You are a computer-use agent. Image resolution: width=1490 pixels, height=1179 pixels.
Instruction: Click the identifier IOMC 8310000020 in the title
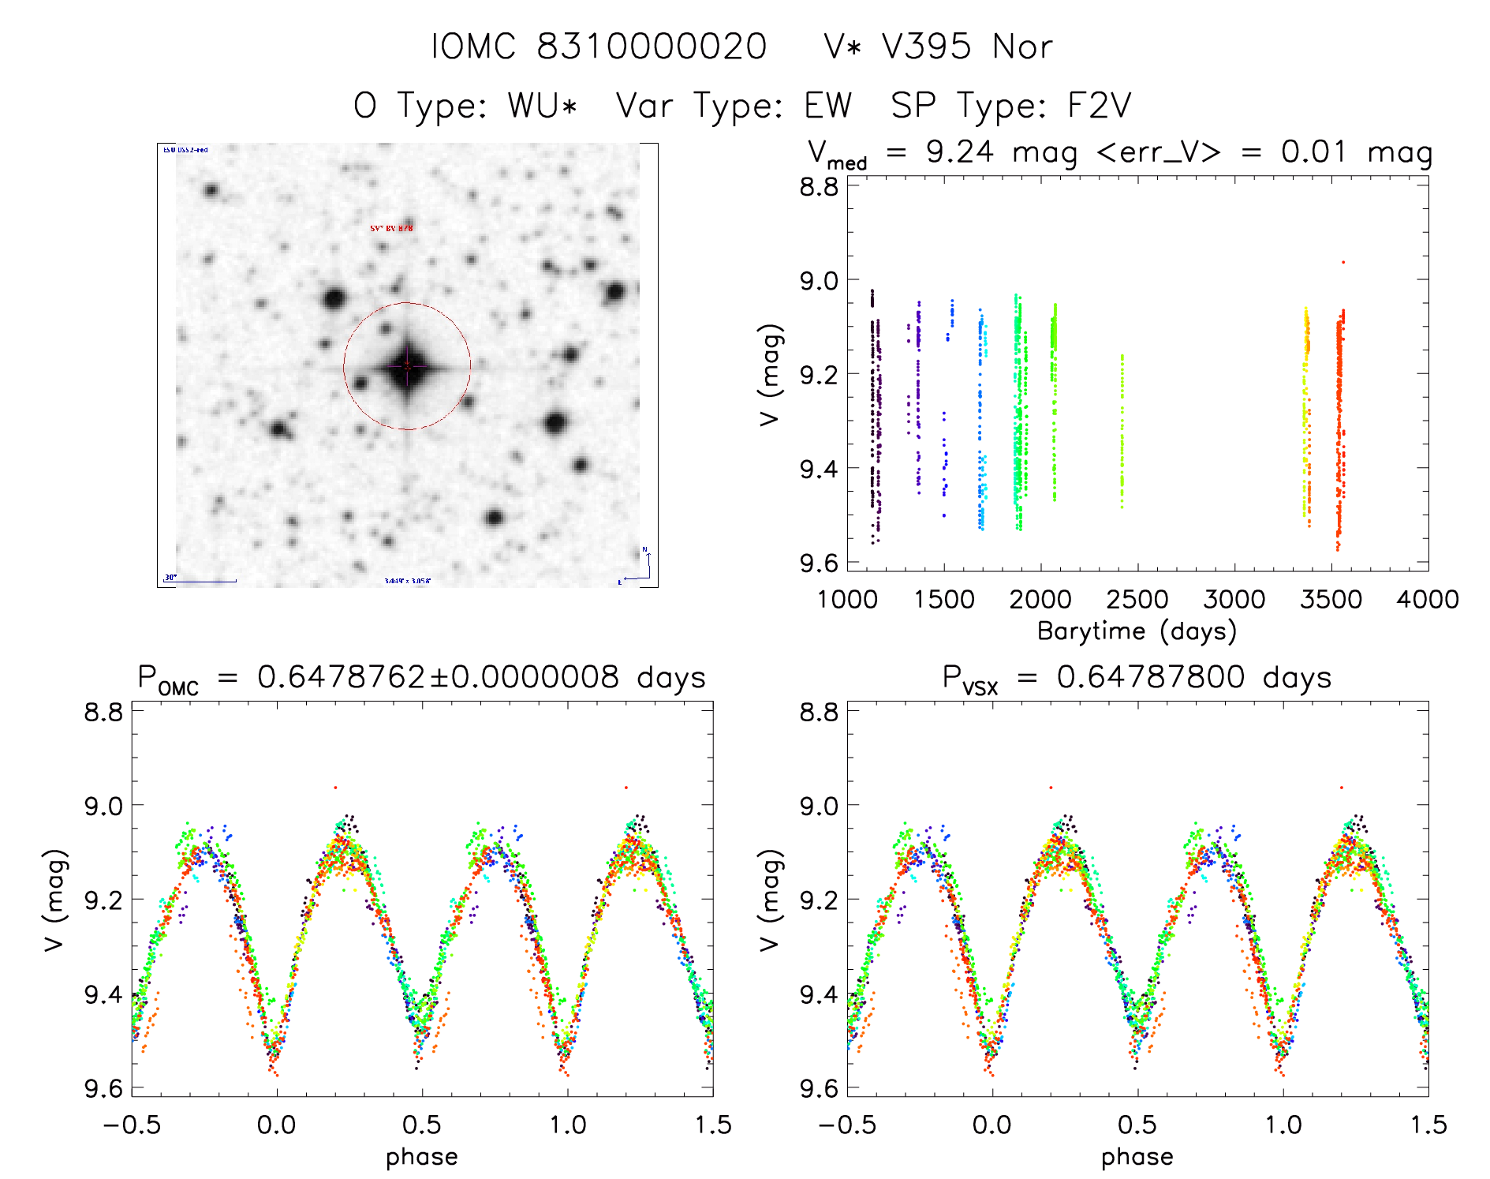pyautogui.click(x=599, y=47)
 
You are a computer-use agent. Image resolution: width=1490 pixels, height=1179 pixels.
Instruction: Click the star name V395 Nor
pyautogui.click(x=966, y=47)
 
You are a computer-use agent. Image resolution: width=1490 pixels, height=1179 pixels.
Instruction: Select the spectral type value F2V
pyautogui.click(x=1099, y=105)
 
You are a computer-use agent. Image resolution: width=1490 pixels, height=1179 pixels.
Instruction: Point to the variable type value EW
pyautogui.click(x=827, y=105)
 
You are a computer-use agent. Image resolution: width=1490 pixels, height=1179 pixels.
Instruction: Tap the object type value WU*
pyautogui.click(x=543, y=105)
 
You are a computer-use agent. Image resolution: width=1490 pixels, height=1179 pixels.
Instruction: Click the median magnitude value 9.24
pyautogui.click(x=959, y=152)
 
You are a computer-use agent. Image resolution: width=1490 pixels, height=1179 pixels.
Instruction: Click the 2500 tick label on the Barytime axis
pyautogui.click(x=1137, y=599)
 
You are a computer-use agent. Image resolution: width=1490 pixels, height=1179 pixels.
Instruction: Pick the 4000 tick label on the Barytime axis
pyautogui.click(x=1428, y=599)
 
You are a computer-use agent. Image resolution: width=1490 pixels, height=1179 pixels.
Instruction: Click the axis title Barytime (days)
pyautogui.click(x=1137, y=631)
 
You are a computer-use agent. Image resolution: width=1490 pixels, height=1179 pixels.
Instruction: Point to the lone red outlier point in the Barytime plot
pyautogui.click(x=1343, y=262)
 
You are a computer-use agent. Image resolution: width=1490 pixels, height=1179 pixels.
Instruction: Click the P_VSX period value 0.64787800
pyautogui.click(x=1150, y=677)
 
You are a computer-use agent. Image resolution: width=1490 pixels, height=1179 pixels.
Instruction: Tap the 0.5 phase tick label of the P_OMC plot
pyautogui.click(x=422, y=1125)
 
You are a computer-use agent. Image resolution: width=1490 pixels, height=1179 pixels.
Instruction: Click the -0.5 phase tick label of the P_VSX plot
pyautogui.click(x=846, y=1125)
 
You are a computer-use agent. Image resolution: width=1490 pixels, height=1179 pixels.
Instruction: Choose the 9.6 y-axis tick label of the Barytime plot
pyautogui.click(x=819, y=563)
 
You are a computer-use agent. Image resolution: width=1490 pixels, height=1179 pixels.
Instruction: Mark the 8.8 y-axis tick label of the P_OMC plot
pyautogui.click(x=103, y=713)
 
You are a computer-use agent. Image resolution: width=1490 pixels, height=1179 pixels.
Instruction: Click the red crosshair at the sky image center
pyautogui.click(x=407, y=366)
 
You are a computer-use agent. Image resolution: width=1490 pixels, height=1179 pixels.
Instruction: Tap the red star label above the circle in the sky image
pyautogui.click(x=391, y=228)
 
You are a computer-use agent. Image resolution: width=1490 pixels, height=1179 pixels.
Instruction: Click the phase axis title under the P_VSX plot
pyautogui.click(x=1137, y=1157)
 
